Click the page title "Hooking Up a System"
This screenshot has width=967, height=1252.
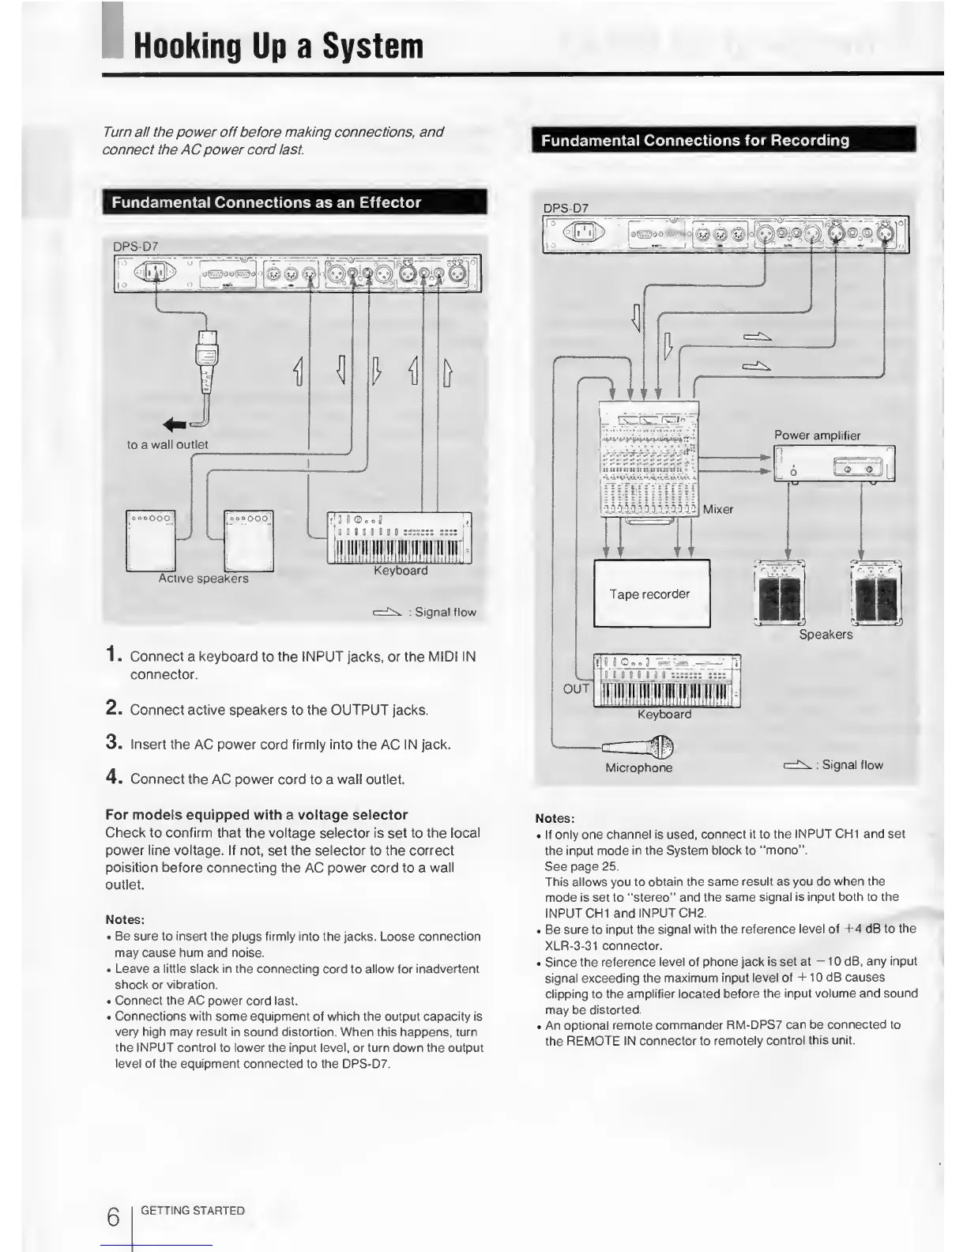click(278, 45)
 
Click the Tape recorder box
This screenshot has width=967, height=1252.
click(651, 594)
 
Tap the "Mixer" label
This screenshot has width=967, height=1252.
click(718, 510)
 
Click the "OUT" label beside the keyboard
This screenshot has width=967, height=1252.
click(576, 688)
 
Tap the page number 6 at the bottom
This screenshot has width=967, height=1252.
click(113, 1217)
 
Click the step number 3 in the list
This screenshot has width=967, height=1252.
click(112, 743)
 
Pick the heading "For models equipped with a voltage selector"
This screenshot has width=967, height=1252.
click(257, 815)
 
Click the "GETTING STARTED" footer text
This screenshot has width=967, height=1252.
click(193, 1211)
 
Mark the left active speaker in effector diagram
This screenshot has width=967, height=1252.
click(152, 541)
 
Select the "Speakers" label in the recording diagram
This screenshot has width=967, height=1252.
click(826, 635)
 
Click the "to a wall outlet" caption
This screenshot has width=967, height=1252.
click(167, 445)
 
